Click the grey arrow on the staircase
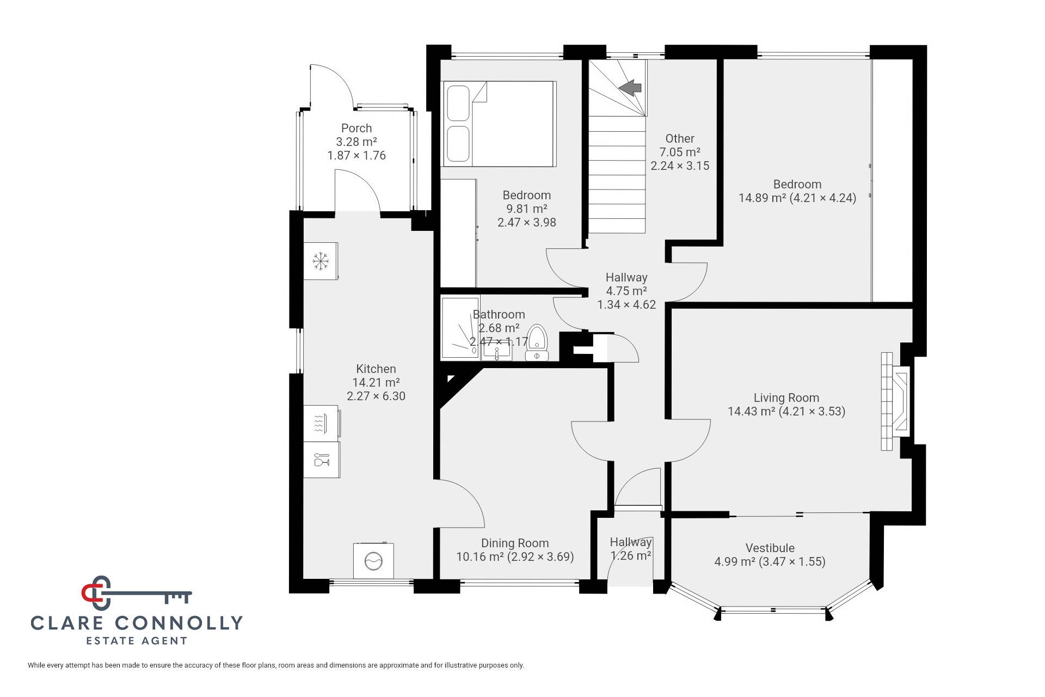pos(630,87)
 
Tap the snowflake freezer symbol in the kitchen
pos(321,261)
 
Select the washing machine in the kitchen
pos(373,560)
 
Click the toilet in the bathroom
pos(537,343)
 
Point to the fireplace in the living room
pos(895,401)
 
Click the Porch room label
pos(356,128)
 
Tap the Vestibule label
pos(770,548)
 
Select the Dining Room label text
pos(515,543)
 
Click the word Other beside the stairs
pos(680,138)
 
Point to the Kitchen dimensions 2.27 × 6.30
pos(376,396)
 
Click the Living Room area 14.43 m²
pos(751,411)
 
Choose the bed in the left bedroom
pos(500,124)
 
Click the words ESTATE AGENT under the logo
pos(137,641)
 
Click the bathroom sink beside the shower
pos(497,353)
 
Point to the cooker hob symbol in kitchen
pos(321,423)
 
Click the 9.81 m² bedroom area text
pos(527,209)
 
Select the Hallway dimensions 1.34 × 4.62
pos(626,304)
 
